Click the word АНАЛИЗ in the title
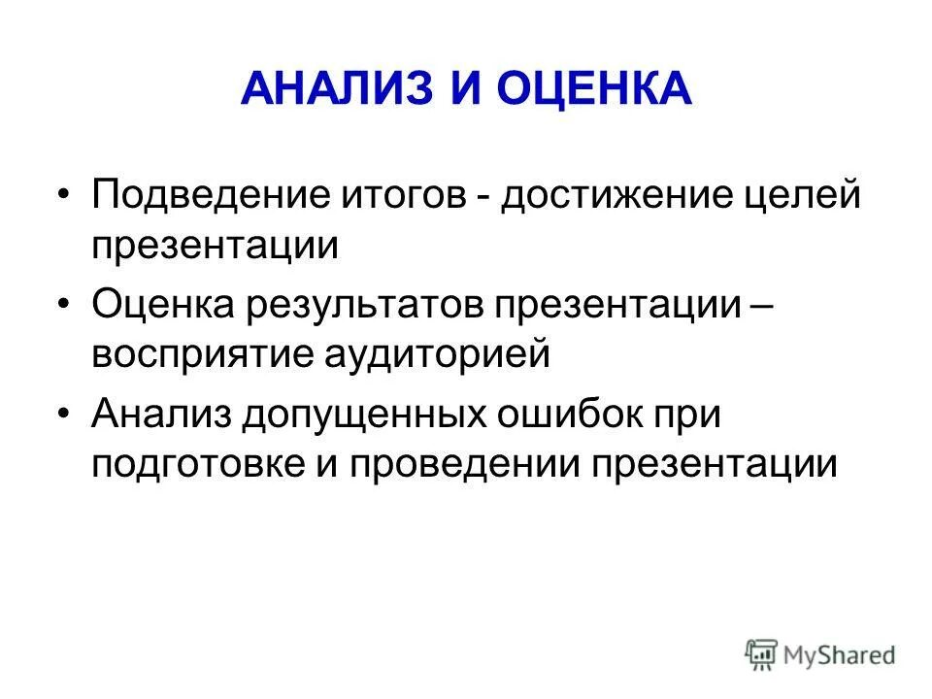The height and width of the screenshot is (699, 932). pos(336,90)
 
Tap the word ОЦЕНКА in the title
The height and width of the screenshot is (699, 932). pos(594,90)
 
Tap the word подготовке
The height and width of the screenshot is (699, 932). pos(197,464)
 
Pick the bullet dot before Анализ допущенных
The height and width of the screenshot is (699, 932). pos(63,416)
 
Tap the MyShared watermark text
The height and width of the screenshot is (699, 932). pos(840,655)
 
